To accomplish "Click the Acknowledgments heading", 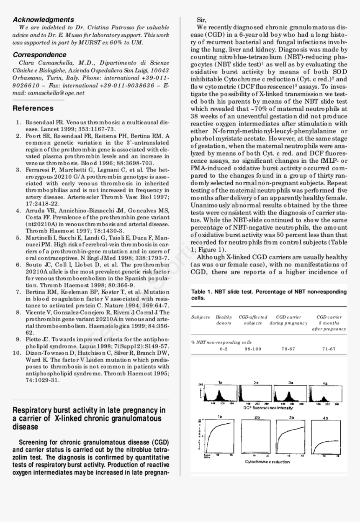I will point(43,20).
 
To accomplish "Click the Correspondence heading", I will point(39,55).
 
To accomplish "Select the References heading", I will point(33,108).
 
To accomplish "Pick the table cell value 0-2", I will point(224,349).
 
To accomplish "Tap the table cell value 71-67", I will point(329,349).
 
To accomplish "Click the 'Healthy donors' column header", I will point(224,320).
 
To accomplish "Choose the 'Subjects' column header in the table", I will point(201,317).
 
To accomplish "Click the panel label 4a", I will point(325,383).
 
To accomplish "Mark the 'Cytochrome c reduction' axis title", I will point(267,462).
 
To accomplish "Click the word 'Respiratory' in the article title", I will point(32,410).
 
